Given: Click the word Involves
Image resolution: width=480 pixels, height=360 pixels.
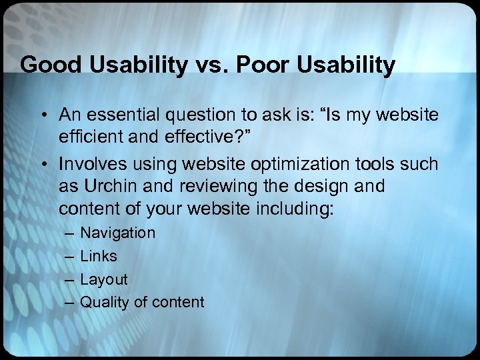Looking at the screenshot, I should pos(89,164).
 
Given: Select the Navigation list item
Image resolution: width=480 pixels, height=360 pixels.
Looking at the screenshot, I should pos(117,233).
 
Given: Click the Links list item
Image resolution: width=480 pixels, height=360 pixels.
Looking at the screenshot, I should pos(98,256).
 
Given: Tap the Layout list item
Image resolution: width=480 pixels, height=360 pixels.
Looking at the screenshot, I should pos(103,279).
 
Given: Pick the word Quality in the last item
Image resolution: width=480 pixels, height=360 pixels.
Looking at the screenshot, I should pos(105,302).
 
